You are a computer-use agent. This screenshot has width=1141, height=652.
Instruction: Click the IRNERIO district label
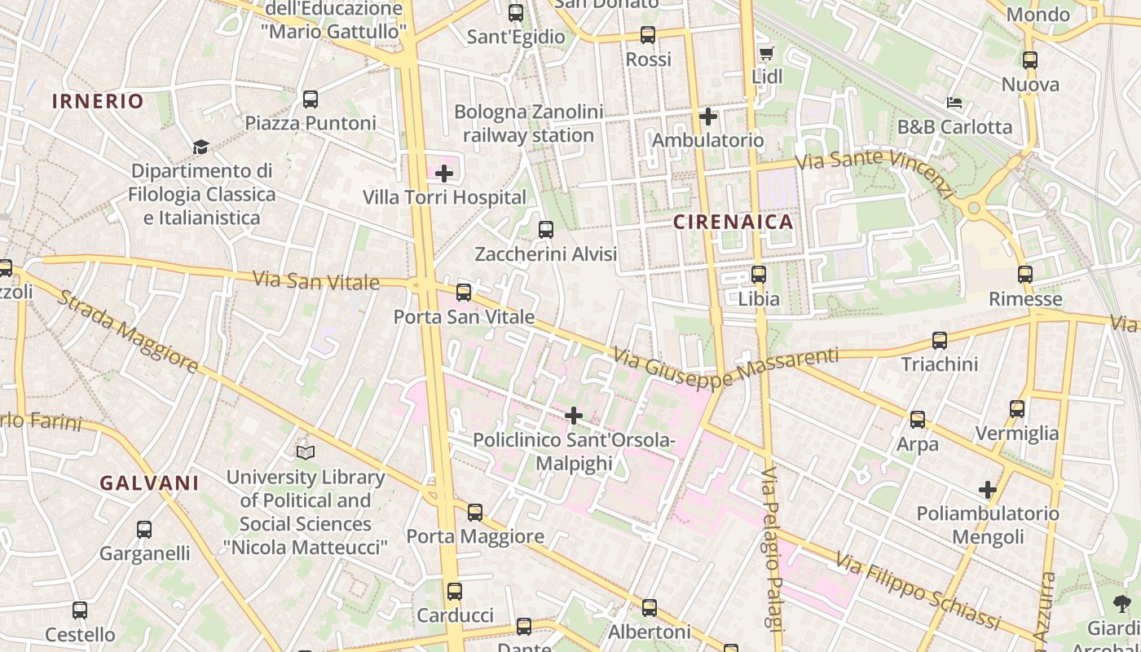(x=98, y=101)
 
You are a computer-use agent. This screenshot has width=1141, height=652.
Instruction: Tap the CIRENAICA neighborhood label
(x=733, y=222)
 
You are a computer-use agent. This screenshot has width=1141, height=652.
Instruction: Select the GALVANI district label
(x=149, y=482)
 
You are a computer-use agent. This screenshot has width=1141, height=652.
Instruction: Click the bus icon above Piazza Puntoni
(x=311, y=99)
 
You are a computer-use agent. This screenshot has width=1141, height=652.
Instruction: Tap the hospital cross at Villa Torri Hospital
(x=444, y=174)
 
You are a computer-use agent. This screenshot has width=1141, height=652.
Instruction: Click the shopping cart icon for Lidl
(x=766, y=54)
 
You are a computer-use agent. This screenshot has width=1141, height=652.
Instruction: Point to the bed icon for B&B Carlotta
(x=954, y=103)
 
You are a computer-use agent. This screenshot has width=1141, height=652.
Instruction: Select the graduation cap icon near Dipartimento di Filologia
(x=200, y=147)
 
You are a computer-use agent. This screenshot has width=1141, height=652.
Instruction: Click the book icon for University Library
(x=306, y=452)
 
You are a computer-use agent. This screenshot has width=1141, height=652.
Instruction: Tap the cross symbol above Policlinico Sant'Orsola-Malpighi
(x=574, y=416)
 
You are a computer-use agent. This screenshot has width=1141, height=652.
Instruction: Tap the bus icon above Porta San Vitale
(x=464, y=292)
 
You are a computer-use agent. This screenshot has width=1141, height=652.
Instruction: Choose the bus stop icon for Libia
(x=759, y=275)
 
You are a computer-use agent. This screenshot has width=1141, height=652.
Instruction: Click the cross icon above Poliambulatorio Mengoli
(x=988, y=490)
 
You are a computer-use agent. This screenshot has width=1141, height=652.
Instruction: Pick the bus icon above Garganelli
(x=144, y=530)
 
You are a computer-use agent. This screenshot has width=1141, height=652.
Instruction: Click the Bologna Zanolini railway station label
(x=529, y=124)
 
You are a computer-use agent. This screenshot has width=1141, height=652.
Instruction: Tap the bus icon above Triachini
(x=940, y=341)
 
